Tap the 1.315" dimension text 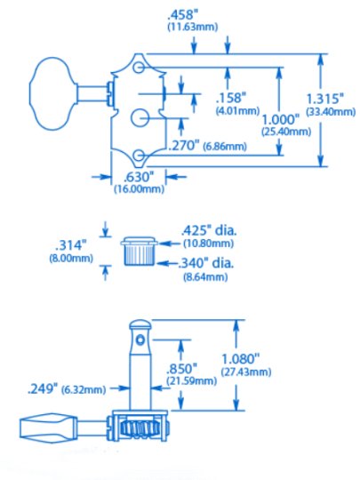(333, 99)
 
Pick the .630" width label (139, 176)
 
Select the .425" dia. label (208, 229)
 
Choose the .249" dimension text (44, 388)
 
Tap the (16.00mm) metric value (140, 189)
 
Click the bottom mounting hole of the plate (140, 157)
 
